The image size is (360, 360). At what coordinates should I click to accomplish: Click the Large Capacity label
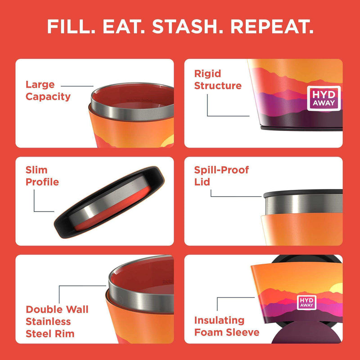[x=48, y=90]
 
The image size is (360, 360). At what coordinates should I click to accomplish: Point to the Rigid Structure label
[x=218, y=79]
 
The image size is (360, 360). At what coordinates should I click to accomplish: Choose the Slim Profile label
[x=42, y=176]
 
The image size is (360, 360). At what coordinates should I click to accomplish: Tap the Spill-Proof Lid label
[x=221, y=176]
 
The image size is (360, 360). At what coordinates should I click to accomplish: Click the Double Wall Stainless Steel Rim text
[x=57, y=321]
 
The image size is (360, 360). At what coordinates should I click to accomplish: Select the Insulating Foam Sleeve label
[x=226, y=326]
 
